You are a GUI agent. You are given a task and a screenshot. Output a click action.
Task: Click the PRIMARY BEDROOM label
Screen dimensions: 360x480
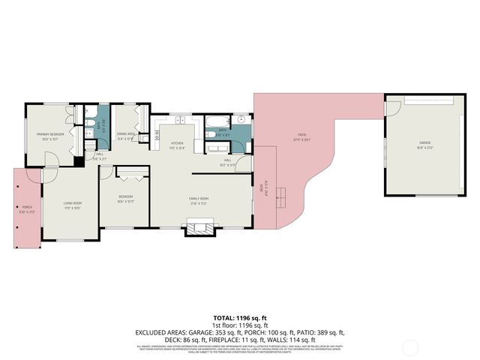50,136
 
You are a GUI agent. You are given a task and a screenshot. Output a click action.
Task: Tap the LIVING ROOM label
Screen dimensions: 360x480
71,205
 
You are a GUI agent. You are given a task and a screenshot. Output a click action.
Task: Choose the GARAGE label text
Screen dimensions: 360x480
425,145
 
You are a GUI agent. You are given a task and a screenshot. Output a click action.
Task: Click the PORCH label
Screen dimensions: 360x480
27,209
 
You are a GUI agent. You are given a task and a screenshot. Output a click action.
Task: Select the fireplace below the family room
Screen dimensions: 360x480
199,227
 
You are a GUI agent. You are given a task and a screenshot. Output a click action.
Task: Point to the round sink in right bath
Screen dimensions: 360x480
242,120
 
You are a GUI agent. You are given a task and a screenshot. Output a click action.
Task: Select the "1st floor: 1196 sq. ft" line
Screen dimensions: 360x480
239,325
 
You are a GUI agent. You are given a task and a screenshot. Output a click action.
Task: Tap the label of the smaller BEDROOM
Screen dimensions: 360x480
126,199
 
